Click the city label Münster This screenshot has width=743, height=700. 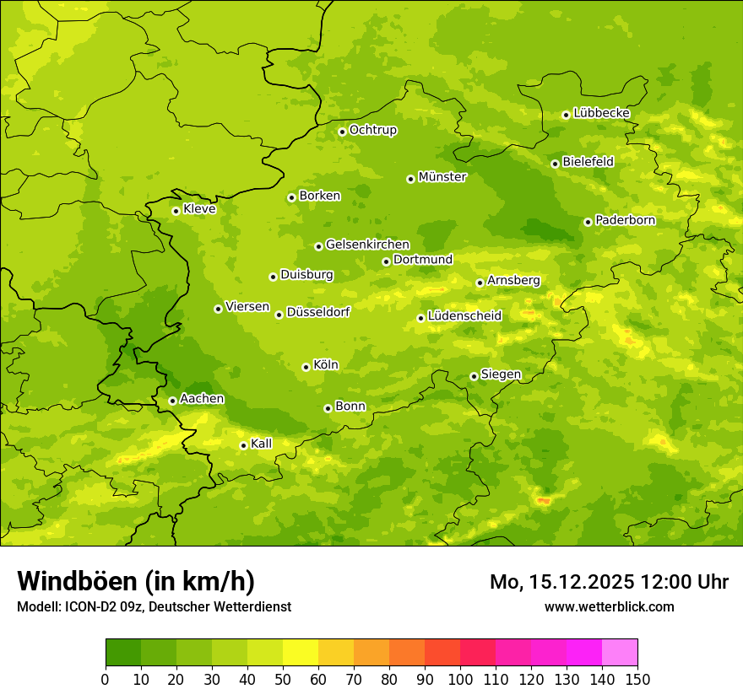442,177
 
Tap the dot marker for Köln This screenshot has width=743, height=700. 306,367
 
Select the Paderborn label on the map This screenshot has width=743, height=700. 625,220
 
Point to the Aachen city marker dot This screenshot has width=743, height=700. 172,401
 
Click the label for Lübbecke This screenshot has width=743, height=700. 601,113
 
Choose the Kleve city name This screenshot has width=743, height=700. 199,209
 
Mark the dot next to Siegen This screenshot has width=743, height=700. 474,376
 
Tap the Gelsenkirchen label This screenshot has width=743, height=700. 367,245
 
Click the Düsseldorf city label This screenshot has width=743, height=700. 318,312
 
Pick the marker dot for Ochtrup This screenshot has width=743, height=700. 342,132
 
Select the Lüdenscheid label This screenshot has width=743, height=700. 464,316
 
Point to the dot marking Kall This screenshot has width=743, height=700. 243,445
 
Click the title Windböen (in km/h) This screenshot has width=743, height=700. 136,581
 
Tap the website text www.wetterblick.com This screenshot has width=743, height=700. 609,606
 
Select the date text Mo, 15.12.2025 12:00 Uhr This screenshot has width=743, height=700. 609,582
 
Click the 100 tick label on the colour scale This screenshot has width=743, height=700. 460,680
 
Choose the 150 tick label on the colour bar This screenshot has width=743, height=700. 637,680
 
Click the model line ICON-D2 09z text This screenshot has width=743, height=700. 154,606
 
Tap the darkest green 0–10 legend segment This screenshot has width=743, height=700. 123,653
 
